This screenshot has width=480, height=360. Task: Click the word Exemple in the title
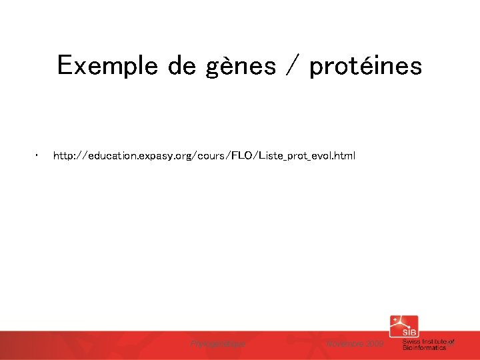click(106, 66)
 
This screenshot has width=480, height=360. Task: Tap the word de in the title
click(182, 66)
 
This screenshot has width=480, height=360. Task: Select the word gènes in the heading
click(241, 66)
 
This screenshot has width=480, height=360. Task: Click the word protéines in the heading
click(365, 66)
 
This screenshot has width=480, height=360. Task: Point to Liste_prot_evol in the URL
click(293, 156)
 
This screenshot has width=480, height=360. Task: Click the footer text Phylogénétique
click(218, 344)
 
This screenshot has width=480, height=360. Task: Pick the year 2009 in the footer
click(374, 344)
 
